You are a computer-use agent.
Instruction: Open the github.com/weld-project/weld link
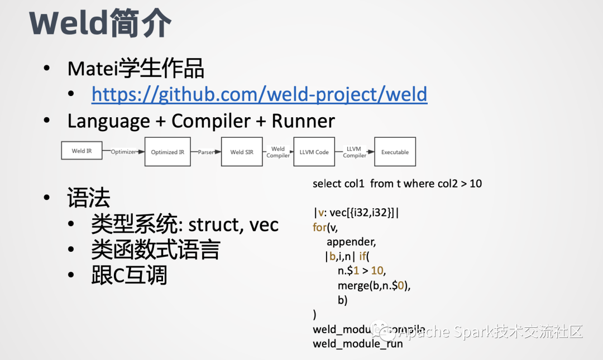[259, 94]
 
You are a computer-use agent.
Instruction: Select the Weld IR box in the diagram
[82, 151]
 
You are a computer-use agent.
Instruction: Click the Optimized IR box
[167, 152]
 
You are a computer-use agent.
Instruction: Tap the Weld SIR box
[242, 152]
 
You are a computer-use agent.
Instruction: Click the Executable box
[395, 152]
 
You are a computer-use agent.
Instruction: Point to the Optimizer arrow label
[123, 152]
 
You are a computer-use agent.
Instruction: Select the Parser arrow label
[205, 152]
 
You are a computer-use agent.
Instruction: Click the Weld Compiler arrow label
[277, 152]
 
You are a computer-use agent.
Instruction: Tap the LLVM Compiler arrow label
[354, 152]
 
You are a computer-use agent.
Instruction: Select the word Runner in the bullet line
[303, 121]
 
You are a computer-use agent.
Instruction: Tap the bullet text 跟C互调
[129, 276]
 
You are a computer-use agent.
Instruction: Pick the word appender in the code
[351, 242]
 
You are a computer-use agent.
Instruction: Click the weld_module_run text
[357, 344]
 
